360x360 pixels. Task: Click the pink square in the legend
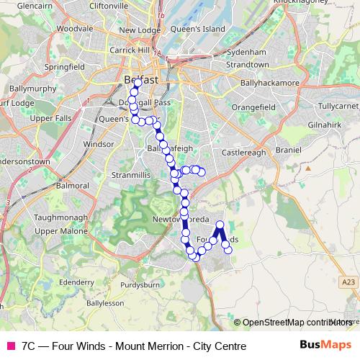(x=9, y=346)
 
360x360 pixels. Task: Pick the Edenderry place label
(x=77, y=283)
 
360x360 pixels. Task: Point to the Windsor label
(x=99, y=144)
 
